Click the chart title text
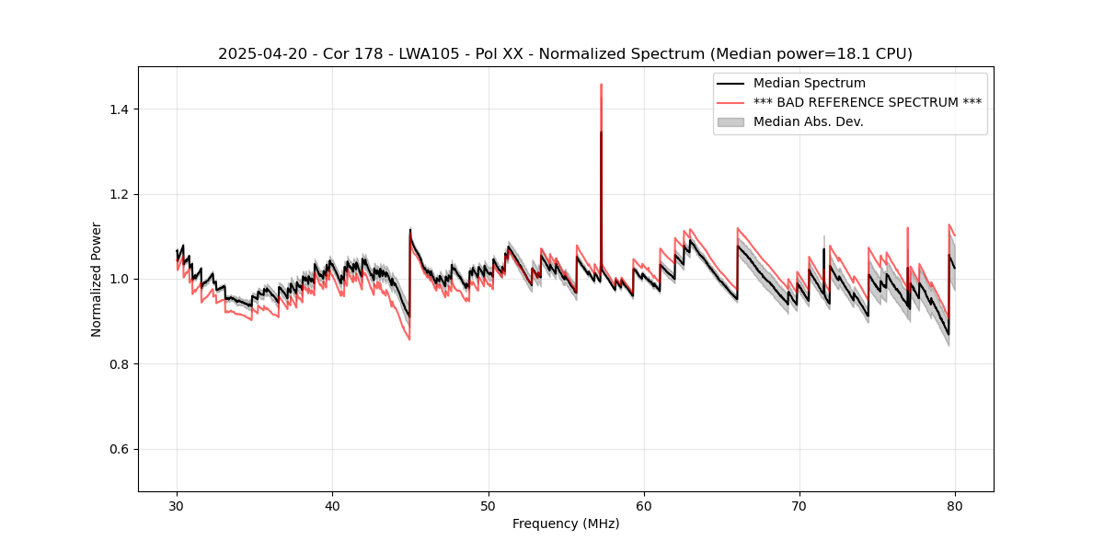565,54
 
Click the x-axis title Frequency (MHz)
566,523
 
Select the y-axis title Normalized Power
97,279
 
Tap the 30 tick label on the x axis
177,506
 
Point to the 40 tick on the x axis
332,506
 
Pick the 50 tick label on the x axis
489,506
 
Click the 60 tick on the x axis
644,506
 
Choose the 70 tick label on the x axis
799,506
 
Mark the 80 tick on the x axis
955,506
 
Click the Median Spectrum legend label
809,84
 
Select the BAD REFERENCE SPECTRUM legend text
867,102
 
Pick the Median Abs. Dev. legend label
808,121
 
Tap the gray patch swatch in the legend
730,121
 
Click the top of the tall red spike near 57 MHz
601,85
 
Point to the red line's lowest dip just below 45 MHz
409,339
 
